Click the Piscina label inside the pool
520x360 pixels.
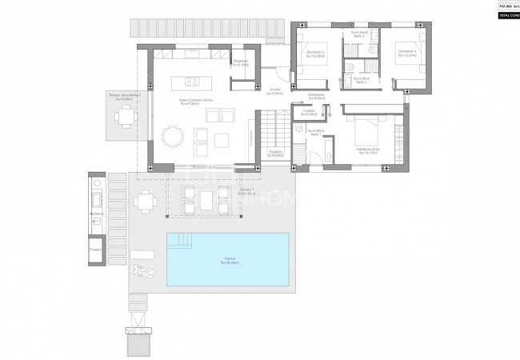point(230,259)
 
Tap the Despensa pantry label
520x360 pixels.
point(240,63)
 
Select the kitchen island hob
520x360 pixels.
point(193,80)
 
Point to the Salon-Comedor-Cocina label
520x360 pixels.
point(196,101)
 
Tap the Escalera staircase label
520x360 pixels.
point(275,153)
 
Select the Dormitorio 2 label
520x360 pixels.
point(316,55)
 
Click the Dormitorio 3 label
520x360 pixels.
point(407,54)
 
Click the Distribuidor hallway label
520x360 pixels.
point(317,96)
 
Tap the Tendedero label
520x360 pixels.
point(309,112)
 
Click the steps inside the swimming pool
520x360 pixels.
point(182,239)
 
